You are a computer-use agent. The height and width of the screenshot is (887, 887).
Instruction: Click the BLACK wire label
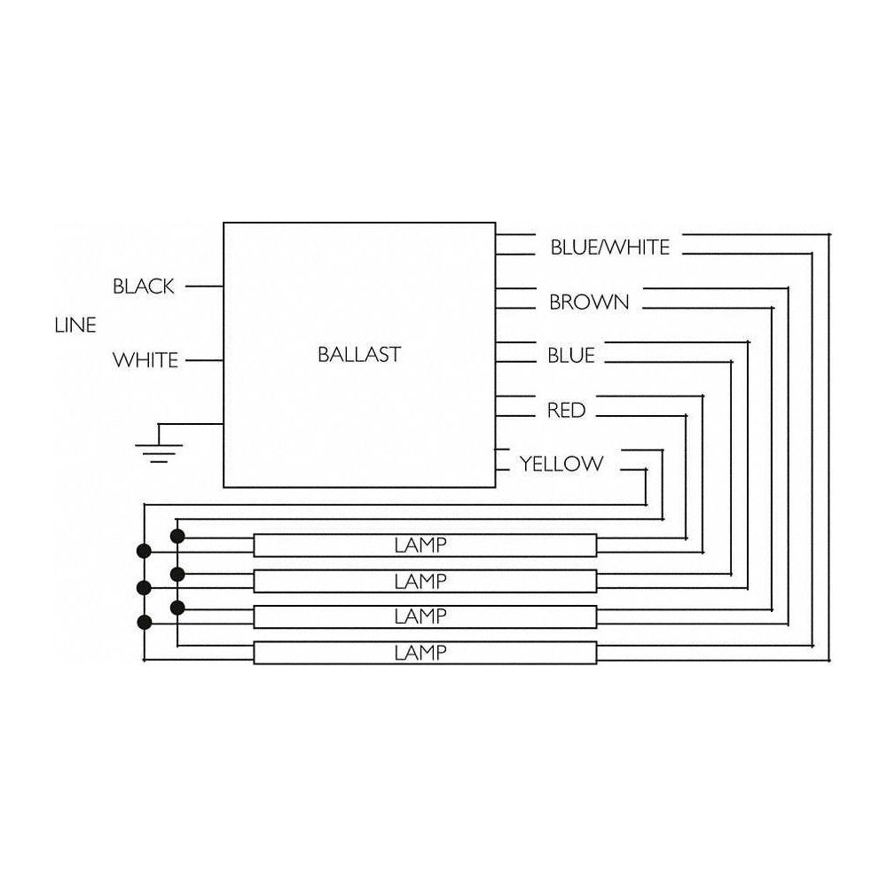click(144, 287)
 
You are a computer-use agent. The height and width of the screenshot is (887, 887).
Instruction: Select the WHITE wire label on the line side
click(145, 360)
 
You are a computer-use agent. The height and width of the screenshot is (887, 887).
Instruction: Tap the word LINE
click(75, 326)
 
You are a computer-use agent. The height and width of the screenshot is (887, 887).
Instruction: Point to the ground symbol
click(158, 449)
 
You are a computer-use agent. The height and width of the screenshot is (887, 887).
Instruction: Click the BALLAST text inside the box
click(358, 355)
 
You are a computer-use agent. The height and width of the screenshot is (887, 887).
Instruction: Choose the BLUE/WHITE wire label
click(609, 247)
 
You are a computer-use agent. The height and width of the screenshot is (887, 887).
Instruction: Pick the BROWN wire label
click(589, 302)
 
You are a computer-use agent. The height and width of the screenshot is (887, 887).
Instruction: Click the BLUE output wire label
click(571, 356)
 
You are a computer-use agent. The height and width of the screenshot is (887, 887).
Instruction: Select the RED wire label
click(566, 410)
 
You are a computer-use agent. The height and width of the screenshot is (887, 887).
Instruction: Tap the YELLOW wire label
click(561, 463)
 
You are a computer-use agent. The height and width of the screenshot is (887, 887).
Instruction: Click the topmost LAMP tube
click(425, 545)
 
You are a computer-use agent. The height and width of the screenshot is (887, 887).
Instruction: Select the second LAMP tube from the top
click(425, 581)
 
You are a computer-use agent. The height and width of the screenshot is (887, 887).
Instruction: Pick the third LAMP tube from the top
click(425, 616)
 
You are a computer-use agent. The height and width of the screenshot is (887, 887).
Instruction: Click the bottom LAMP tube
click(425, 653)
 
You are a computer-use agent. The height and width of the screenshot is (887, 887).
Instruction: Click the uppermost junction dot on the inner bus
click(177, 536)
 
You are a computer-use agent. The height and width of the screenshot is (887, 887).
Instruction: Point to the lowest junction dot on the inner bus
click(177, 608)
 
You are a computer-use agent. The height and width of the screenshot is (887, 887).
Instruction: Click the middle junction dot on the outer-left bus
click(143, 587)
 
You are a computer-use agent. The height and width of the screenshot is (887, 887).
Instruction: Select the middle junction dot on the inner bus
click(177, 573)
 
